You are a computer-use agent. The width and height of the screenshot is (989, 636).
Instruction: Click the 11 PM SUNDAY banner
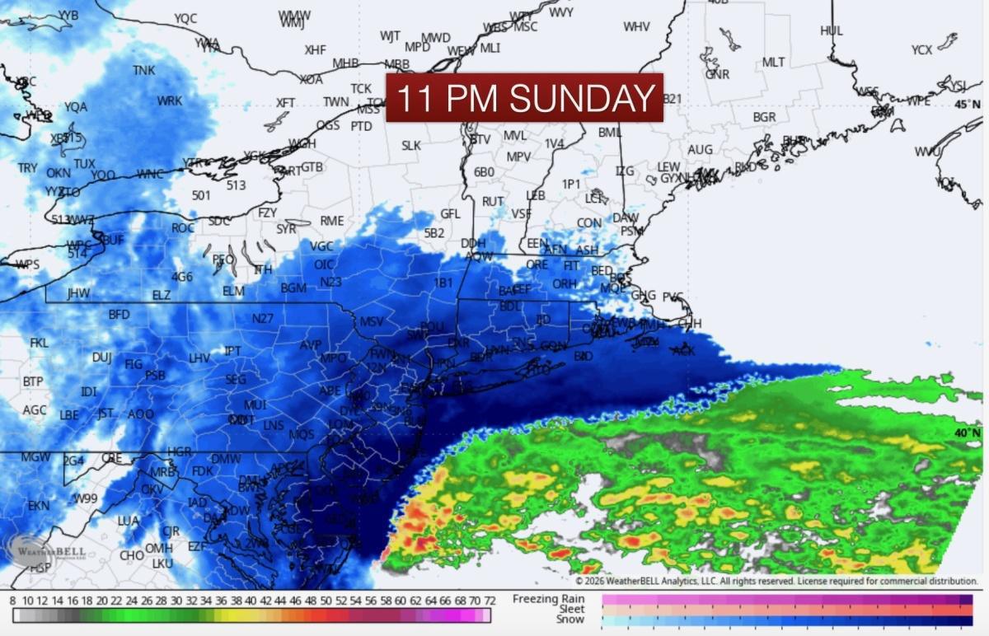pyautogui.click(x=525, y=98)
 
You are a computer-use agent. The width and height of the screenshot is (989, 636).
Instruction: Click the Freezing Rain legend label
pyautogui.click(x=548, y=598)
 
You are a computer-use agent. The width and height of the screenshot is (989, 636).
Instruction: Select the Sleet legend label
pyautogui.click(x=571, y=609)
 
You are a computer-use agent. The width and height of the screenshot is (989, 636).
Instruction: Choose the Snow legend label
pyautogui.click(x=570, y=620)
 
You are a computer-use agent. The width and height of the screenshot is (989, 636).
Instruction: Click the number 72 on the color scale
pyautogui.click(x=489, y=601)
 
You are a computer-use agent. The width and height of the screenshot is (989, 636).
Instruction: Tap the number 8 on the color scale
pyautogui.click(x=13, y=601)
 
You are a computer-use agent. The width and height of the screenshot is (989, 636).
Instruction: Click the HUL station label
pyautogui.click(x=832, y=30)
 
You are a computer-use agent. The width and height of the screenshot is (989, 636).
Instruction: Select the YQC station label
pyautogui.click(x=185, y=18)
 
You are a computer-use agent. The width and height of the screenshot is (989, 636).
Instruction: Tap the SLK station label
pyautogui.click(x=411, y=146)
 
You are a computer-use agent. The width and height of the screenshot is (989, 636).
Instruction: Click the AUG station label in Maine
pyautogui.click(x=700, y=149)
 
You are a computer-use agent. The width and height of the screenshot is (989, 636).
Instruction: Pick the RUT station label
pyautogui.click(x=493, y=202)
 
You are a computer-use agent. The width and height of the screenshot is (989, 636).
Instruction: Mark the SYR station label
pyautogui.click(x=286, y=229)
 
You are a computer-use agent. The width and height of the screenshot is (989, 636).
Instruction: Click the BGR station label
pyautogui.click(x=764, y=118)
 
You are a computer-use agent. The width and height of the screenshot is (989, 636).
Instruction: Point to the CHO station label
pyautogui.click(x=132, y=555)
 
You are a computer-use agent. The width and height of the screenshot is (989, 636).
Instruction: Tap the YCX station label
pyautogui.click(x=922, y=50)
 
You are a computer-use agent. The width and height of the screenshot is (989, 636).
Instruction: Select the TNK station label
pyautogui.click(x=143, y=71)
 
